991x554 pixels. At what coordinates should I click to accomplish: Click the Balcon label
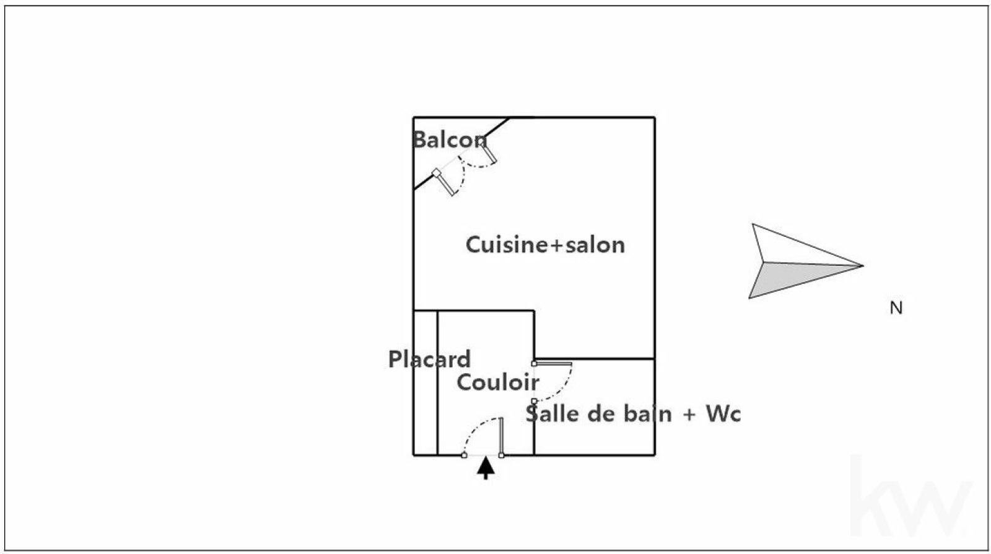(449, 140)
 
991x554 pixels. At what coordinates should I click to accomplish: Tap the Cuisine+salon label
(545, 245)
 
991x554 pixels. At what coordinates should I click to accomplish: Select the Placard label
(429, 359)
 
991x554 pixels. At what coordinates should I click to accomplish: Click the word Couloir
(498, 382)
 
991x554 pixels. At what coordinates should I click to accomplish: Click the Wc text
(723, 413)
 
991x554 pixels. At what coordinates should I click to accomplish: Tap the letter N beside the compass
(896, 307)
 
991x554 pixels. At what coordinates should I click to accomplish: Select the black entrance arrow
(486, 468)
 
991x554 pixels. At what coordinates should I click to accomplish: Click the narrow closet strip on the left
(426, 403)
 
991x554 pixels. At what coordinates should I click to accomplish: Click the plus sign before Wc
(689, 414)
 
